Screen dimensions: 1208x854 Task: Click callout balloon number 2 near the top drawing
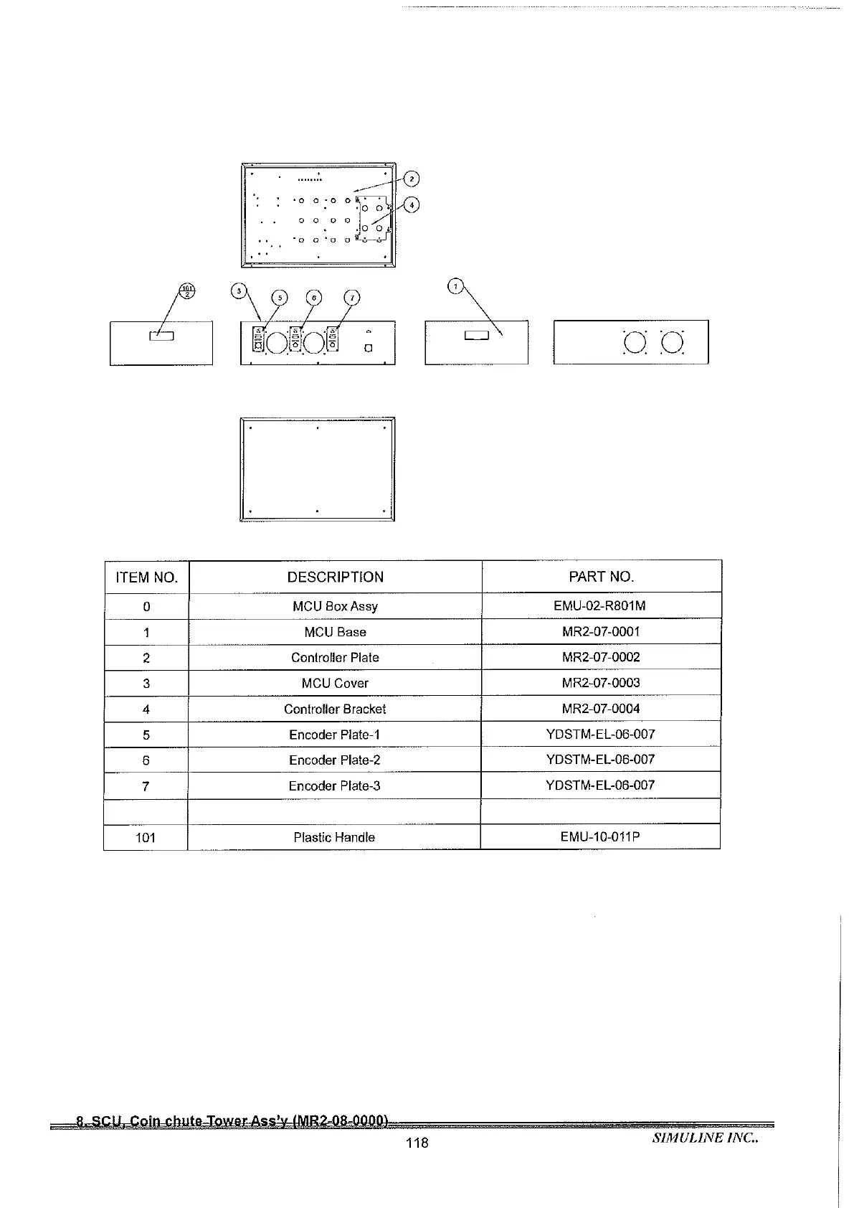(x=411, y=179)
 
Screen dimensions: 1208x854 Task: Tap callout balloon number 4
(x=411, y=205)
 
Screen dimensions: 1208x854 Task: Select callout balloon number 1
(x=455, y=286)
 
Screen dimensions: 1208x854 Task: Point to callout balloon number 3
(x=239, y=291)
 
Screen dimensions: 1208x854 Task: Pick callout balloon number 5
(x=280, y=298)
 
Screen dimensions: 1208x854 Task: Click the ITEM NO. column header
(x=146, y=577)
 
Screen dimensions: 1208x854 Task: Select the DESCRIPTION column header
(x=335, y=577)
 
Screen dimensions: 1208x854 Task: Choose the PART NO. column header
(x=601, y=577)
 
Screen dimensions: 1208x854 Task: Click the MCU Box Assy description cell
(x=335, y=606)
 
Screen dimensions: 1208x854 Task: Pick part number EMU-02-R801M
(x=599, y=605)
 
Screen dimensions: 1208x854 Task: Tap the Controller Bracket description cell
(x=335, y=709)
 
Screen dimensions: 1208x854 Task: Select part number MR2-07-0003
(x=601, y=683)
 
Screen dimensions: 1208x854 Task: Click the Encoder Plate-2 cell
(x=335, y=760)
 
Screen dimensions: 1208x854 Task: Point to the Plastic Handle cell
(x=334, y=837)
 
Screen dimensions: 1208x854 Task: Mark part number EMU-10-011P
(x=600, y=836)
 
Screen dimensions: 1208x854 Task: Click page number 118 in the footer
(x=417, y=1143)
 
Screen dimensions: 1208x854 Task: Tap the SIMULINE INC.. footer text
(x=705, y=1138)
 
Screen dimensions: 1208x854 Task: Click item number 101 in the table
(x=146, y=837)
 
